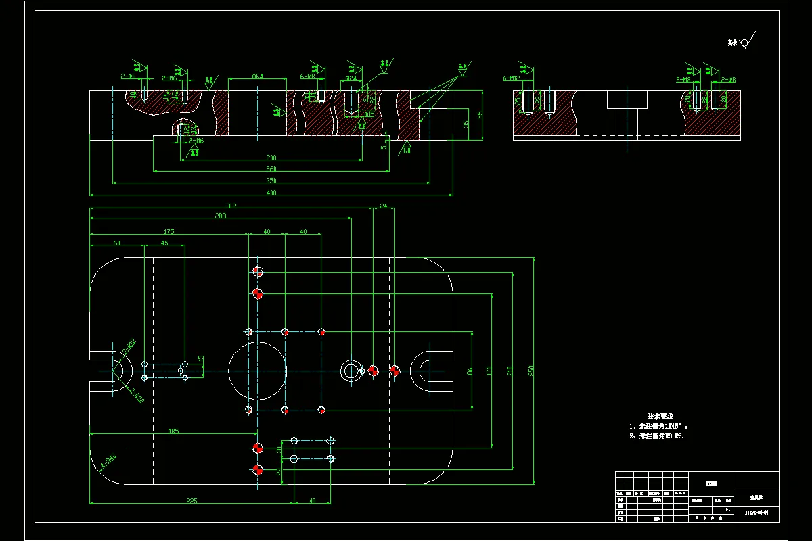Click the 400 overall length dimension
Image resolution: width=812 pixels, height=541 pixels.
[x=271, y=193]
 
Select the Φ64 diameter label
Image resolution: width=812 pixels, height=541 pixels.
[x=257, y=76]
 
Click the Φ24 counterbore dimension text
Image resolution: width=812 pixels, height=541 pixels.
[x=351, y=78]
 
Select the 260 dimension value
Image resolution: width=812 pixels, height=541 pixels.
[x=271, y=169]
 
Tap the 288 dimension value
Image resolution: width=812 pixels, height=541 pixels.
[x=220, y=216]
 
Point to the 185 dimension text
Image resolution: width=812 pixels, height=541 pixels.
[x=173, y=431]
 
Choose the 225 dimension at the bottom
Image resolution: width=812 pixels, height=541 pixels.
[x=191, y=501]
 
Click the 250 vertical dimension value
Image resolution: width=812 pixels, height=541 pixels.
[x=532, y=371]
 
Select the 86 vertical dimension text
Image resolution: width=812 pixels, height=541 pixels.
[x=470, y=371]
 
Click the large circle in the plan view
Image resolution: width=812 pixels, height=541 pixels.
[x=257, y=371]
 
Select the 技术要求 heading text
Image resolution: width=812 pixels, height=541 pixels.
[x=660, y=417]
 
